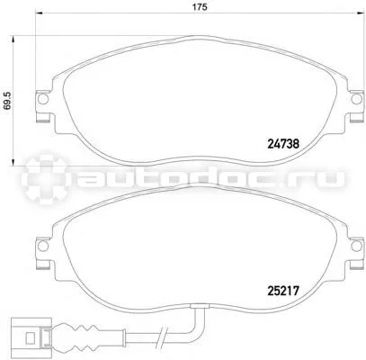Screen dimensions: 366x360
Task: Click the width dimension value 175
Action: [200, 7]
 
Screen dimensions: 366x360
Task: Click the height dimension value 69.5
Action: [8, 101]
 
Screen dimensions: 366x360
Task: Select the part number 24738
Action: [283, 145]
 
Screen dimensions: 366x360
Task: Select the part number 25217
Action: [283, 291]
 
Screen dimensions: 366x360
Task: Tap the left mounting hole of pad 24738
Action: [43, 99]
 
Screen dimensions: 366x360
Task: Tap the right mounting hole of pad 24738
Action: [356, 99]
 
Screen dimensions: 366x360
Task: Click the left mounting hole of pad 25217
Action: [43, 246]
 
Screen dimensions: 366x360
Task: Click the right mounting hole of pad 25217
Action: [356, 246]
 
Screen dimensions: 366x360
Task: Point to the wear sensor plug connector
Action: [31, 335]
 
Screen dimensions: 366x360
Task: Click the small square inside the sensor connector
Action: [30, 339]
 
